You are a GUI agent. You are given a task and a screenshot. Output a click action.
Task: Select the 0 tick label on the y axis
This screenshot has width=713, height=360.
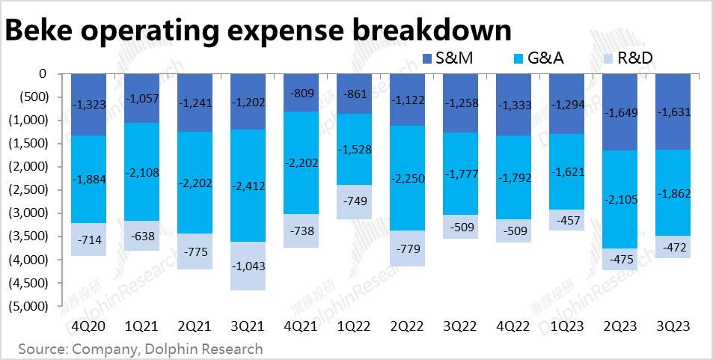42,73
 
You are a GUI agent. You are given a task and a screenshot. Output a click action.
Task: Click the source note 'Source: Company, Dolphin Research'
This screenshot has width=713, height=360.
141,349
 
